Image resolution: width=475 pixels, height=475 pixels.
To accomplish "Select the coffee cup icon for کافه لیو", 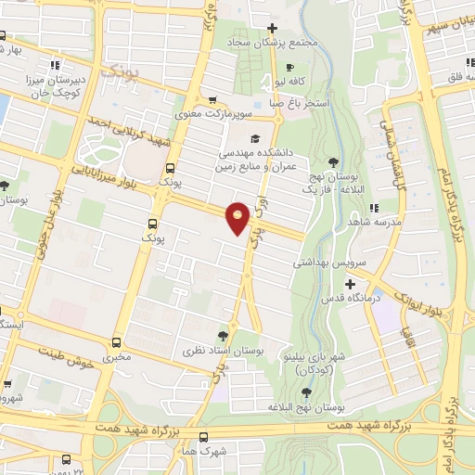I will (x=289, y=67).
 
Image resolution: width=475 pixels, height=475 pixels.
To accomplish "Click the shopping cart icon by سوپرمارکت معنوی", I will (x=212, y=100).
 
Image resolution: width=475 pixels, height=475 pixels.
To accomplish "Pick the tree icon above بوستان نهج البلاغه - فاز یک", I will (x=333, y=161).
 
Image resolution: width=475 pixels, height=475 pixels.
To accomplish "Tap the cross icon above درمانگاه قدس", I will (x=350, y=283).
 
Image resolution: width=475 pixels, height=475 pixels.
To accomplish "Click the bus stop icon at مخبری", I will (x=117, y=341).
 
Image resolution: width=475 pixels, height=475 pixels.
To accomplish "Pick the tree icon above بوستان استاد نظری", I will (x=221, y=335).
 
